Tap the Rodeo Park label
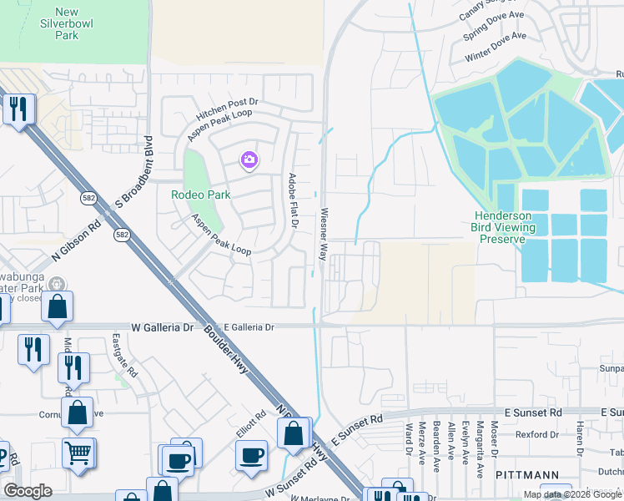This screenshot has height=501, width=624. click(200, 195)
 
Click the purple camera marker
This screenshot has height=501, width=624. click(249, 159)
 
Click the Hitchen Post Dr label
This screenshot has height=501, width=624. click(228, 107)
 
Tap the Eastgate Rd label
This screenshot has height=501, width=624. click(123, 355)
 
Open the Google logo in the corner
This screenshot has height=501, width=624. click(28, 491)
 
